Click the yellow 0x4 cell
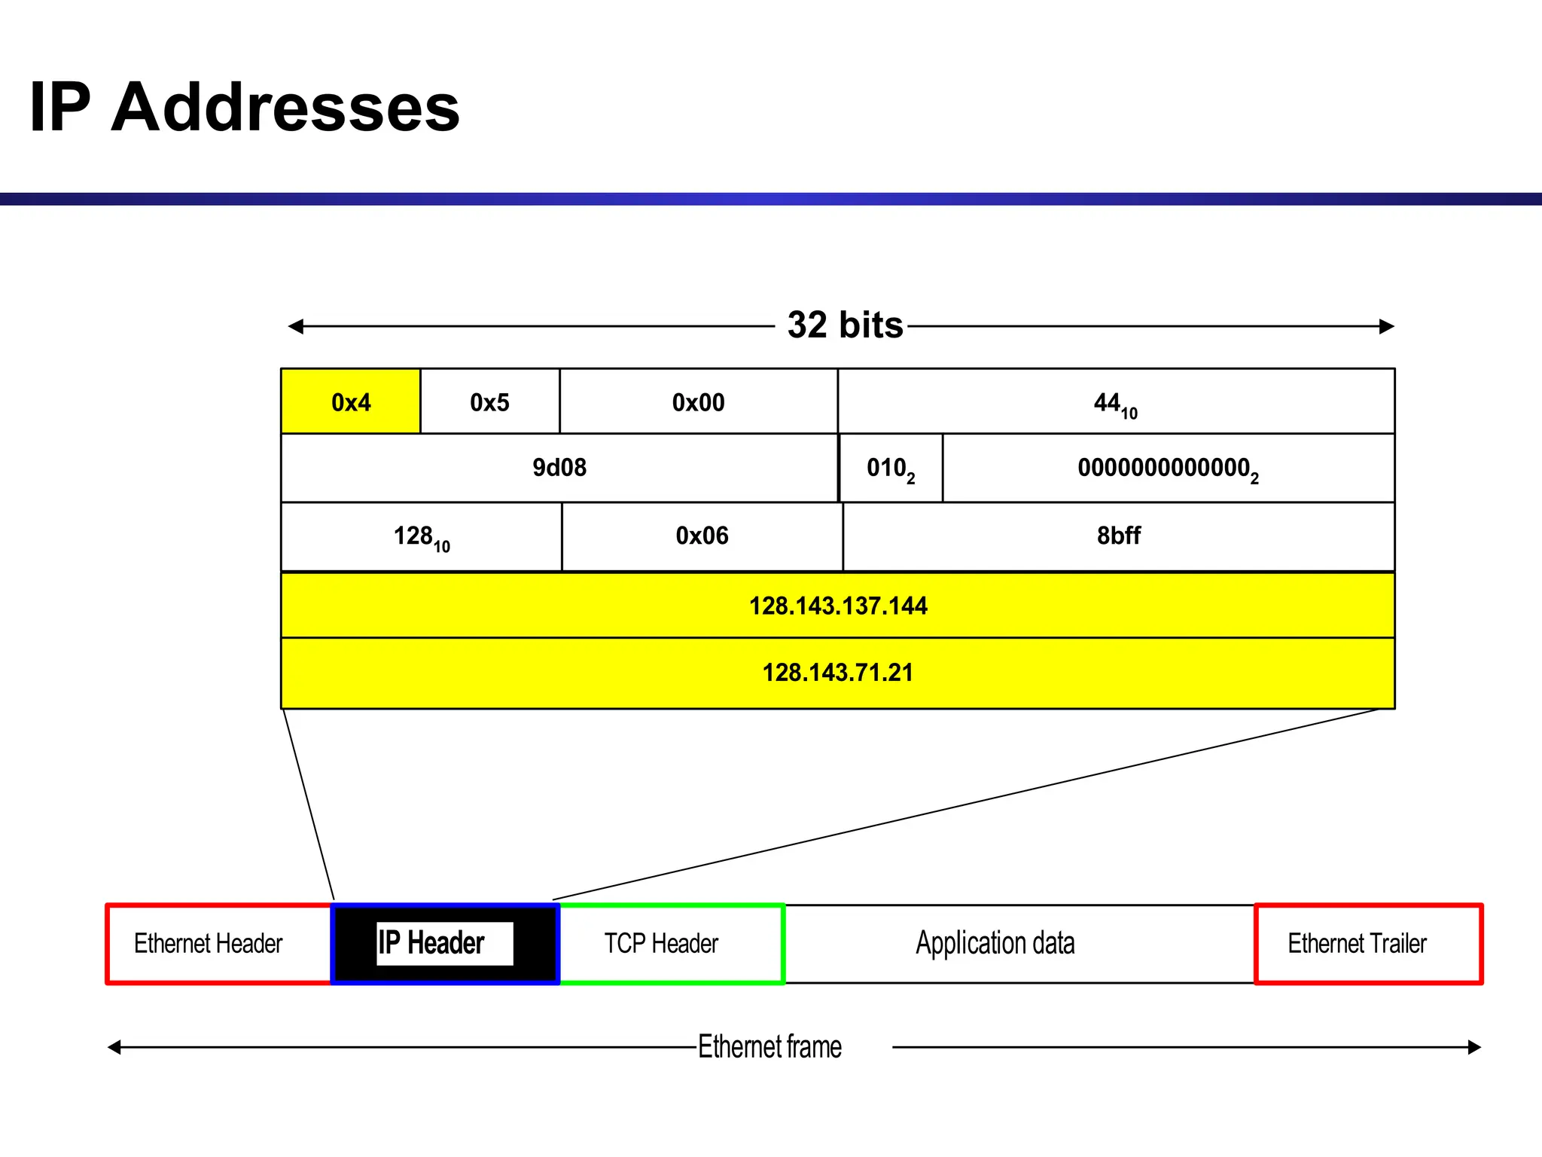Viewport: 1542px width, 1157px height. point(351,401)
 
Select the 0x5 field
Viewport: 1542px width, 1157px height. point(489,401)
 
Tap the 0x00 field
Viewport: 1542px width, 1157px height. point(698,401)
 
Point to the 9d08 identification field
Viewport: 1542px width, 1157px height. point(559,468)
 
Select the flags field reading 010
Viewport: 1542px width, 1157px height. point(890,468)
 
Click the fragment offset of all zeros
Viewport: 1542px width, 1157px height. point(1167,468)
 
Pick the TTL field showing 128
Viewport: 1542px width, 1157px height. point(421,536)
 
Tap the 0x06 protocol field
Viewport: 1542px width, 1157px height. point(702,536)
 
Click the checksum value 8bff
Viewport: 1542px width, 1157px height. point(1118,536)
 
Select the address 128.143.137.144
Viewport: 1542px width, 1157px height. point(837,606)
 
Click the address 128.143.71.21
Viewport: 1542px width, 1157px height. point(837,672)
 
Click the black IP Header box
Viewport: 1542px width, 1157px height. point(444,943)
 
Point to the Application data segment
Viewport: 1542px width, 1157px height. point(995,943)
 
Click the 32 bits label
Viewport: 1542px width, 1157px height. point(845,325)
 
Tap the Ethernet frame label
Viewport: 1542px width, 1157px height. point(769,1046)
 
